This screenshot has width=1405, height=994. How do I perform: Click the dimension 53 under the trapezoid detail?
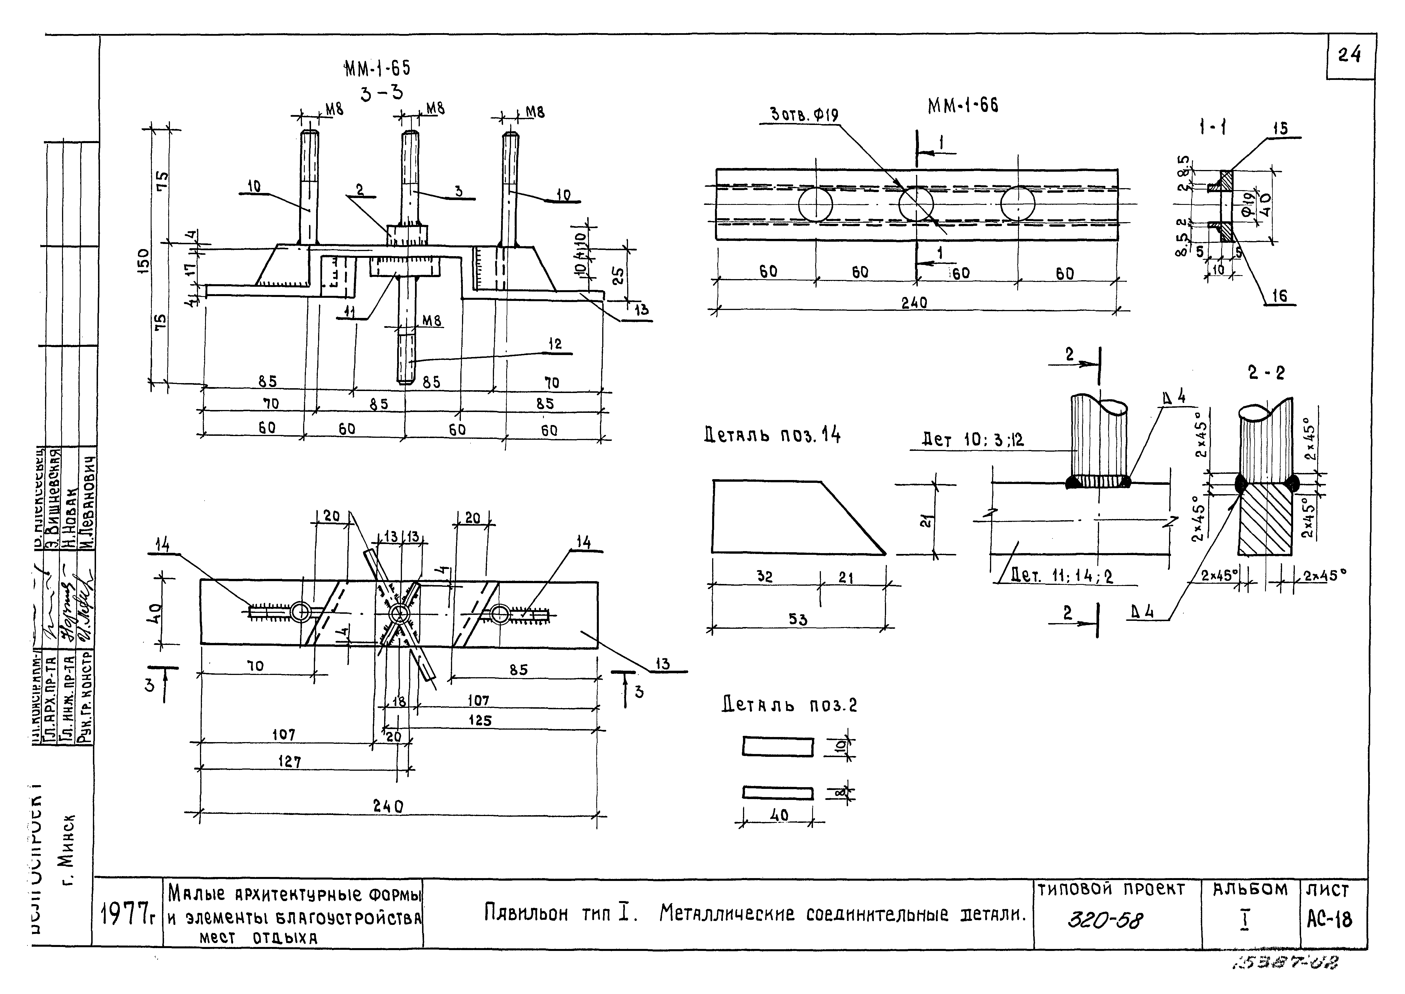coord(798,619)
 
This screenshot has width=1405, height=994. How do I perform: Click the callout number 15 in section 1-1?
coord(1280,129)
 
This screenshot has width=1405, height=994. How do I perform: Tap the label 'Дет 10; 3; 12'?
coord(972,439)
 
